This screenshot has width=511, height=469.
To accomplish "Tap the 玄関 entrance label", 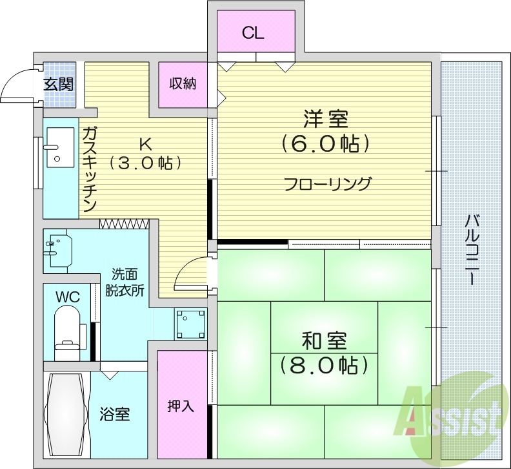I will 58,84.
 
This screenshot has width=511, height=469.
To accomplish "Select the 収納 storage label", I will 183,84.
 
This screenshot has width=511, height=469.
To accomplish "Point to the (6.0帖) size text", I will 325,143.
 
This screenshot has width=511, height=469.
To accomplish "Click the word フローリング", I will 328,184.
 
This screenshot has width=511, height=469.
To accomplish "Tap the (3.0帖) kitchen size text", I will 144,163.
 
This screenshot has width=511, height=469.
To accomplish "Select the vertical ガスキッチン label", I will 89,169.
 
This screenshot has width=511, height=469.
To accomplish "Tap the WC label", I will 67,297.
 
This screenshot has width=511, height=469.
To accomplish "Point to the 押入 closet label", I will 180,406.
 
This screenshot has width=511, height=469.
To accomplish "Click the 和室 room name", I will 324,341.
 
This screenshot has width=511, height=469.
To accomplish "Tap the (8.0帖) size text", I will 324,366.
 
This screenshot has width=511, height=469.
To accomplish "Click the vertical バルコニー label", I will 472,249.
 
